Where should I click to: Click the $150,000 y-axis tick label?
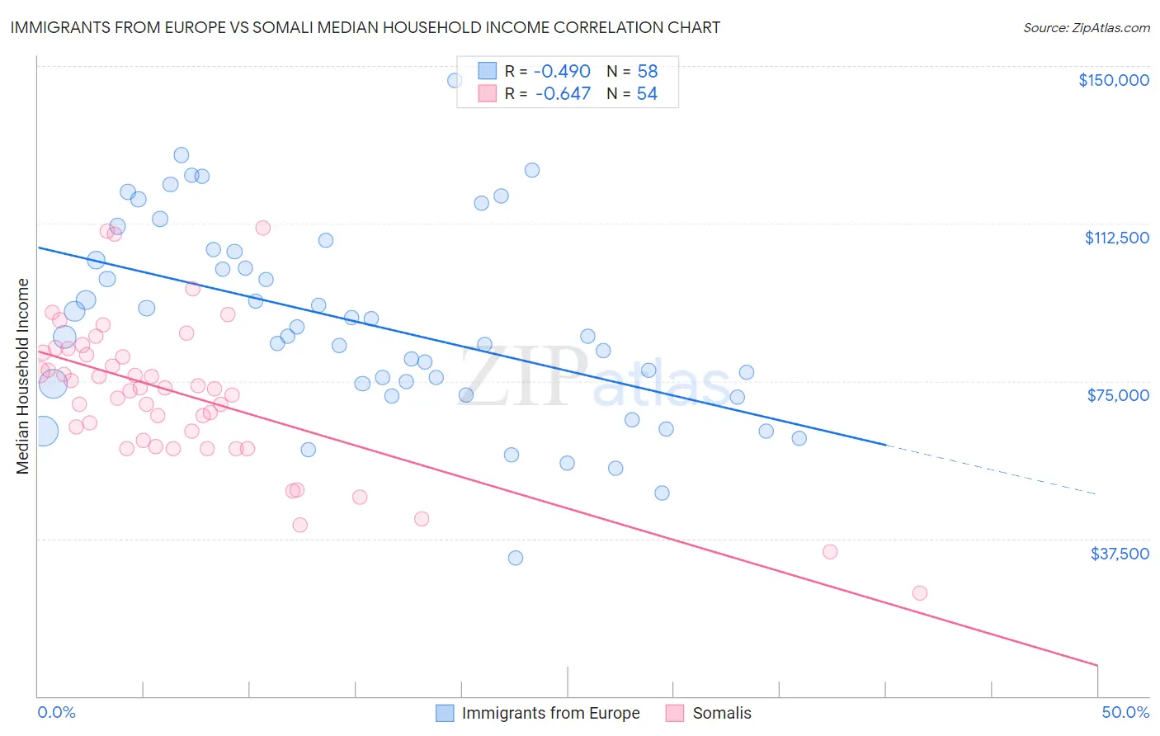1113,80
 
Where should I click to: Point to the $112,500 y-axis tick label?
1116,238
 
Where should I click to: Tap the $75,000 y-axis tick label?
1118,395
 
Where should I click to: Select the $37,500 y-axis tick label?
1119,554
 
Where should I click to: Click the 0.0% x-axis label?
56,712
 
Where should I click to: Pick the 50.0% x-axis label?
1125,712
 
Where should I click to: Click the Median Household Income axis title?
22,376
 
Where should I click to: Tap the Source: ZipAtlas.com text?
1086,28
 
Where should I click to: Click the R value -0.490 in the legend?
563,72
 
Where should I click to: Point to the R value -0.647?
563,94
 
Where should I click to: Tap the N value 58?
647,72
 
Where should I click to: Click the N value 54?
647,94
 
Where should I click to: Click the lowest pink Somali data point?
919,593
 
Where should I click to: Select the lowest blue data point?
516,558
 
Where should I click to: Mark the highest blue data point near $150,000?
455,81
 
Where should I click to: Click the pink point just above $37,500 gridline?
830,552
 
